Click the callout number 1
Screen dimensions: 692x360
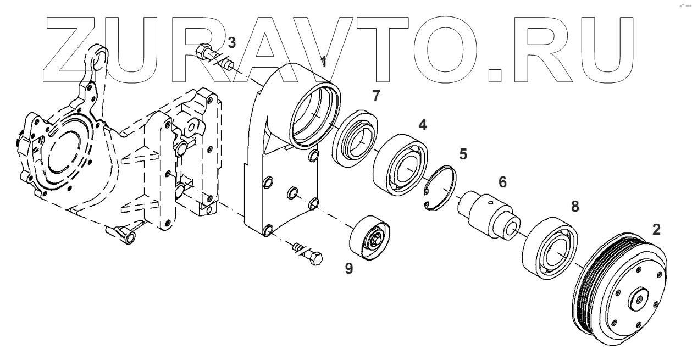(324, 62)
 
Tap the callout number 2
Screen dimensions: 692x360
(656, 230)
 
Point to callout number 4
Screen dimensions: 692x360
(422, 125)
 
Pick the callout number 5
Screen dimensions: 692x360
(463, 154)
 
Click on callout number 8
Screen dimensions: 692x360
(575, 206)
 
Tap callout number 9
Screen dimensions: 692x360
(348, 269)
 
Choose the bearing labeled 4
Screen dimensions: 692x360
(399, 163)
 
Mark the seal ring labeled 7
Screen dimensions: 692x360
(355, 139)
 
